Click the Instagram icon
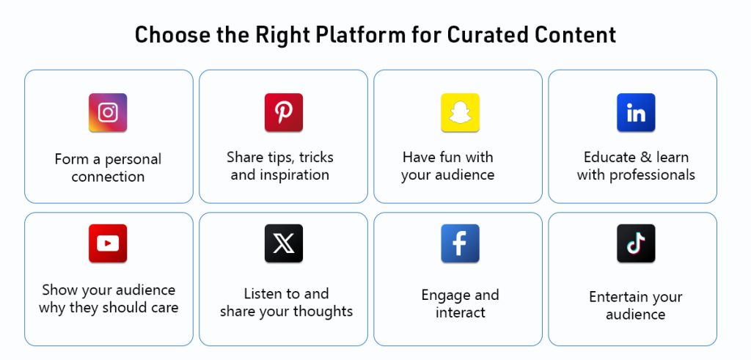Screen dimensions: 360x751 pyautogui.click(x=108, y=112)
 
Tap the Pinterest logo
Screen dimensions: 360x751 pyautogui.click(x=284, y=112)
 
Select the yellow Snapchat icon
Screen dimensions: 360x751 pyautogui.click(x=460, y=112)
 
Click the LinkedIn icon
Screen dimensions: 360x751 pyautogui.click(x=636, y=112)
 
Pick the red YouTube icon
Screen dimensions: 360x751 pyautogui.click(x=108, y=243)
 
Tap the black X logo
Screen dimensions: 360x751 pyautogui.click(x=284, y=243)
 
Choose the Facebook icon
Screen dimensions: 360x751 pyautogui.click(x=460, y=243)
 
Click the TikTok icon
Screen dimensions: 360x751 pyautogui.click(x=636, y=243)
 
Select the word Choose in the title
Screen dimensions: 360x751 pyautogui.click(x=171, y=35)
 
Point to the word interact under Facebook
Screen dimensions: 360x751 pyautogui.click(x=461, y=312)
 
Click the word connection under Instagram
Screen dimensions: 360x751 pyautogui.click(x=108, y=177)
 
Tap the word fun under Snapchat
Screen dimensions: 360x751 pyautogui.click(x=452, y=157)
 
